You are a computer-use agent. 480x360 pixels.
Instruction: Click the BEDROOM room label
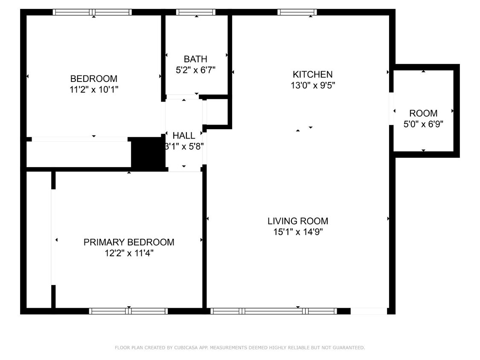(x=93, y=78)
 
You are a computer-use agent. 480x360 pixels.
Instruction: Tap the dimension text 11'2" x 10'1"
(x=93, y=90)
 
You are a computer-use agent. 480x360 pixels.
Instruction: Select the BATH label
(x=195, y=59)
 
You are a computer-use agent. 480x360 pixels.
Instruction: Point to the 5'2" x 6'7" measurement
(x=195, y=70)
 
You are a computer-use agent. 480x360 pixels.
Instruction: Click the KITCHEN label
(x=312, y=74)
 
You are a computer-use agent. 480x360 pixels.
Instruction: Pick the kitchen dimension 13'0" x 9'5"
(x=312, y=85)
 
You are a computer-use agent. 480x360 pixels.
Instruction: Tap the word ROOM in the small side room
(x=423, y=113)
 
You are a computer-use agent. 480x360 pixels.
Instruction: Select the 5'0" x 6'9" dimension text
(x=423, y=125)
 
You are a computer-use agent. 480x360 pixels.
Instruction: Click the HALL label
(x=184, y=136)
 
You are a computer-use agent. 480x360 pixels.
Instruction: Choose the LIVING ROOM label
(x=297, y=221)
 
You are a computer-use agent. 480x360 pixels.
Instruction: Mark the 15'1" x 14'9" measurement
(x=297, y=232)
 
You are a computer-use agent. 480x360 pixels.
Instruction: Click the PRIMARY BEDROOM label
(x=128, y=242)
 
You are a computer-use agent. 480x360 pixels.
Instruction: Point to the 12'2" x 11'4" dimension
(x=128, y=253)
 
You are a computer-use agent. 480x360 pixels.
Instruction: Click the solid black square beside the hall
(x=147, y=153)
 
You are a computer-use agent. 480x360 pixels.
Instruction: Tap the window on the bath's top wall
(x=195, y=12)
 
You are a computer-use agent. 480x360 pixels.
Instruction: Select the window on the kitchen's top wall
(x=297, y=12)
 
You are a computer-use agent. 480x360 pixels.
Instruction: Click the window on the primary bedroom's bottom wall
(x=128, y=311)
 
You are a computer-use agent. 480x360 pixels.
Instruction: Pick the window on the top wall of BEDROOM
(x=92, y=12)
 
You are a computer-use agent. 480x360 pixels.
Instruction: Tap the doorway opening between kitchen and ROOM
(x=391, y=109)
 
